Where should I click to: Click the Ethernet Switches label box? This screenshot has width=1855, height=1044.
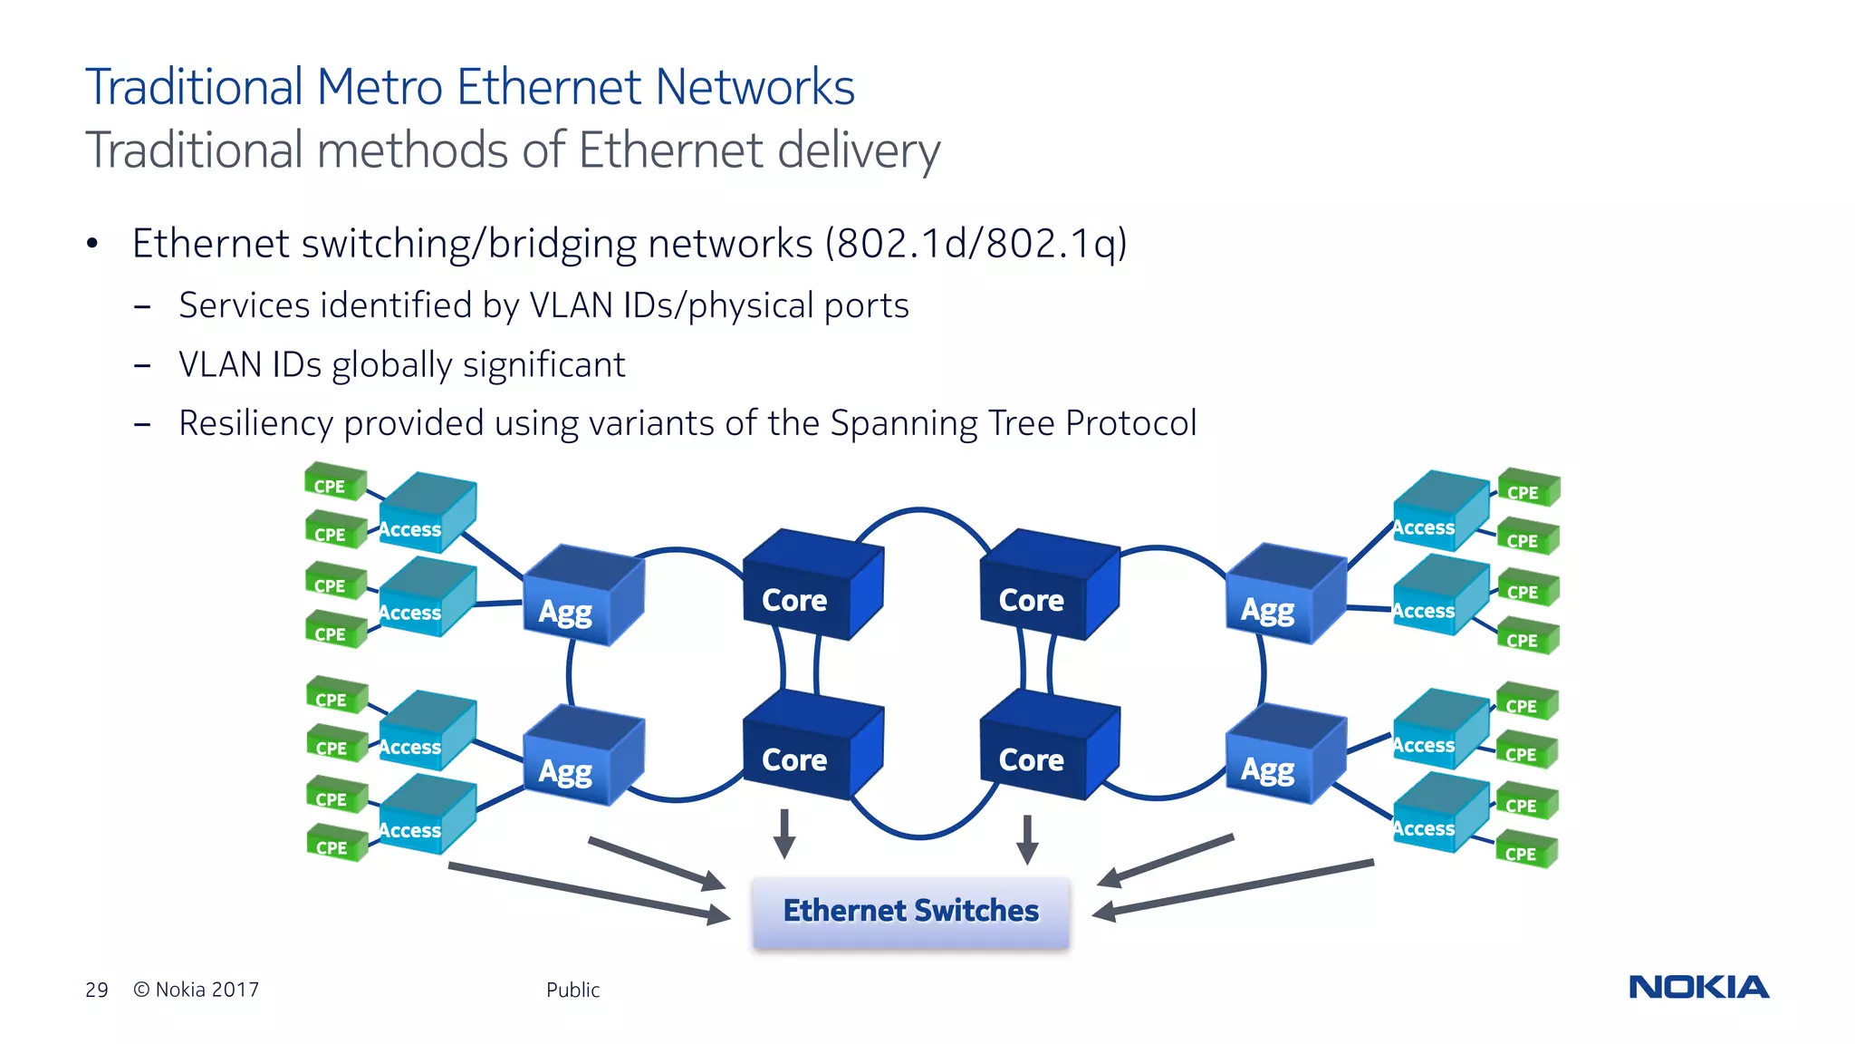[910, 912]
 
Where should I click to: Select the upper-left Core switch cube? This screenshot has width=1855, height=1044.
[809, 586]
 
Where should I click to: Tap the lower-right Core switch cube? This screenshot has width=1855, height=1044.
[1046, 747]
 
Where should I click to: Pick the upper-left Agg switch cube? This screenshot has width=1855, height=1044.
[581, 597]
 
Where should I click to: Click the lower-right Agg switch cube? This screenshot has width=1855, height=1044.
[1283, 756]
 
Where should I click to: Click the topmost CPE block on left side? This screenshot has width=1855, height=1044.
[334, 481]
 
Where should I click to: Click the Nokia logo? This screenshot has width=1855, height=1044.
[1698, 987]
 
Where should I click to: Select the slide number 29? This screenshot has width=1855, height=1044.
[96, 990]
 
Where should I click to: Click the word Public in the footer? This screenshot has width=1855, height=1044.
[572, 990]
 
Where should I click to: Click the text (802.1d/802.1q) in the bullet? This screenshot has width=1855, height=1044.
[976, 244]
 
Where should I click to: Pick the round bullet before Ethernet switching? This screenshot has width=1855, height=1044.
[91, 243]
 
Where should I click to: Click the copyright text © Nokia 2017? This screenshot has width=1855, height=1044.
[196, 990]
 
